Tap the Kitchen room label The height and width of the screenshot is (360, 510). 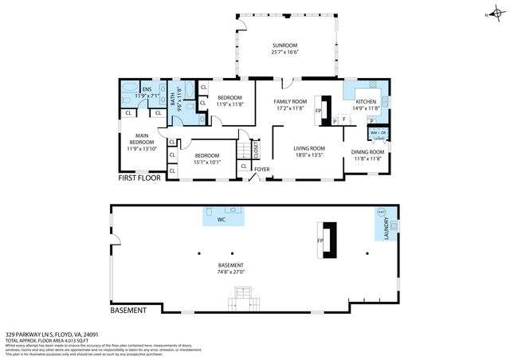[366, 102]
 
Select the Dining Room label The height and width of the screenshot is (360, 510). [368, 151]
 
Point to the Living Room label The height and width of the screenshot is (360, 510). [309, 148]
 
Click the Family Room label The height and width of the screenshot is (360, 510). [290, 102]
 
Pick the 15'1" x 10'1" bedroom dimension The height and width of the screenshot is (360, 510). [207, 161]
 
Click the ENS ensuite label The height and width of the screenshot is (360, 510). [147, 89]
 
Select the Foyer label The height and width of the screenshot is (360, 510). [261, 169]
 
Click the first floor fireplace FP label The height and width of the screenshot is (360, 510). [318, 111]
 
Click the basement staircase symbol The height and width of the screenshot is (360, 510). [244, 301]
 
